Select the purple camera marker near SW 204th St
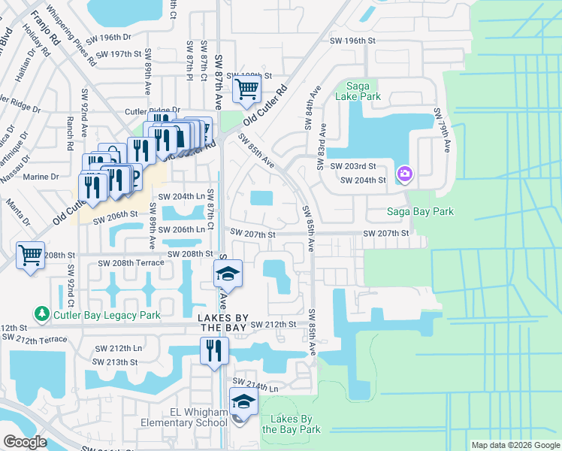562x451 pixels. click(x=405, y=174)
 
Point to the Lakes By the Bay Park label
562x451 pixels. click(x=291, y=424)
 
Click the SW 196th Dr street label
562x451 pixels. click(x=108, y=38)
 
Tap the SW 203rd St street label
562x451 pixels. click(x=358, y=166)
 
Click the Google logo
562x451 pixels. click(x=25, y=443)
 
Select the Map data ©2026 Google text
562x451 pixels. click(x=515, y=445)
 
